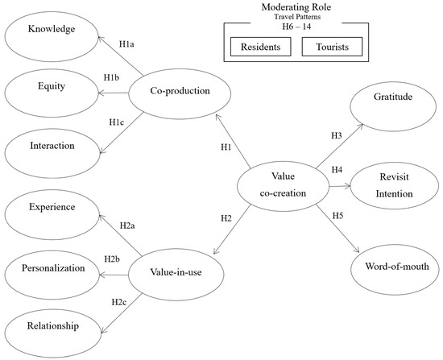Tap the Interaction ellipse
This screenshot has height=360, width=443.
[x=53, y=146]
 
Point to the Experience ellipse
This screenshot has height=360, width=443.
[x=53, y=208]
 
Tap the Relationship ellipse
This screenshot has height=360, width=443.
[x=53, y=325]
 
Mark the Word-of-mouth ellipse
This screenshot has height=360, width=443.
[x=394, y=267]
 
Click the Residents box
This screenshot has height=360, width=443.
[x=260, y=48]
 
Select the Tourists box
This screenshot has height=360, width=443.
[x=332, y=48]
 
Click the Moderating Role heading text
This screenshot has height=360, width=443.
[x=296, y=7]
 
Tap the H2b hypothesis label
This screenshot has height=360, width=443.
[x=113, y=259]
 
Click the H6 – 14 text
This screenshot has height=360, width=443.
[x=296, y=27]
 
